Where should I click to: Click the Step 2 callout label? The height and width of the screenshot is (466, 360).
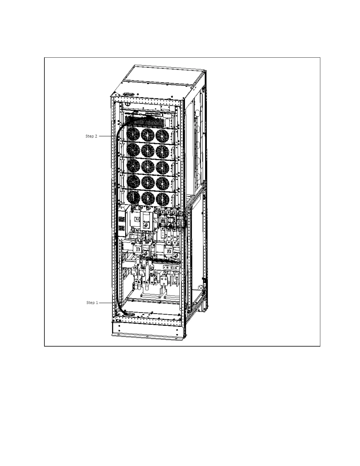tap(91, 136)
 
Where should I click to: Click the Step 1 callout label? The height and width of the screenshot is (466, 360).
tap(92, 302)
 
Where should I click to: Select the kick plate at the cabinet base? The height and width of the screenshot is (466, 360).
tap(147, 331)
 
